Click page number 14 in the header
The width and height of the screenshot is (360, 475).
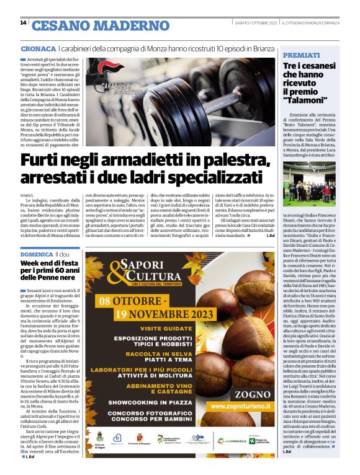(x=23, y=23)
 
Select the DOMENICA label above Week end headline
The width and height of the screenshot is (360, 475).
(x=37, y=255)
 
